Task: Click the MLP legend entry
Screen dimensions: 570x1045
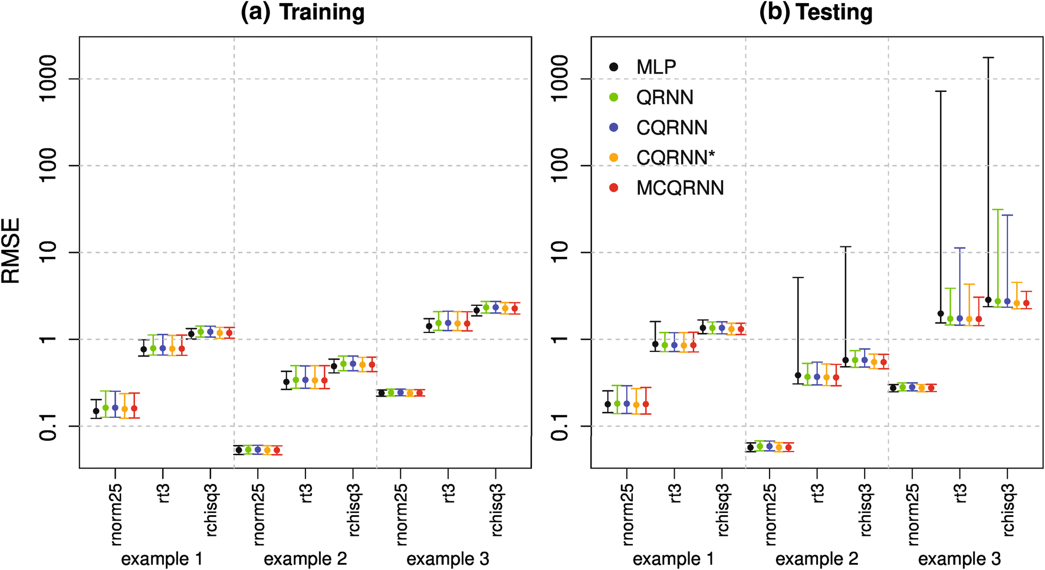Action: coord(656,67)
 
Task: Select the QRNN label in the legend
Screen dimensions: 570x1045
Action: coord(665,97)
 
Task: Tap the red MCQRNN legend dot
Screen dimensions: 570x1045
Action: coord(613,188)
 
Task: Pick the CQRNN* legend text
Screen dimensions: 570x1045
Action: coord(675,158)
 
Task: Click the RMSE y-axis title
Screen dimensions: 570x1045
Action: coord(11,251)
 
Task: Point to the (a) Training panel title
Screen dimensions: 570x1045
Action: coord(303,12)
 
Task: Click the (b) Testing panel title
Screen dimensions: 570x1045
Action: coord(816,12)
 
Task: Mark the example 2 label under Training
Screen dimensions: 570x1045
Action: coord(305,559)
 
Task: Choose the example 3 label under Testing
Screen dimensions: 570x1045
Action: coord(959,559)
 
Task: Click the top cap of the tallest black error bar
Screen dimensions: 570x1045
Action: coord(988,58)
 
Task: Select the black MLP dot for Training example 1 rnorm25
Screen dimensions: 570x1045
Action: coord(96,411)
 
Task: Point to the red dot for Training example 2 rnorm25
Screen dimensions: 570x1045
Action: coord(277,450)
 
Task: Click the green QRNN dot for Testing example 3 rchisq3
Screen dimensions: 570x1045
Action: coord(998,301)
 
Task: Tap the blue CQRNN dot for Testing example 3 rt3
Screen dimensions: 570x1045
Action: coord(959,318)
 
